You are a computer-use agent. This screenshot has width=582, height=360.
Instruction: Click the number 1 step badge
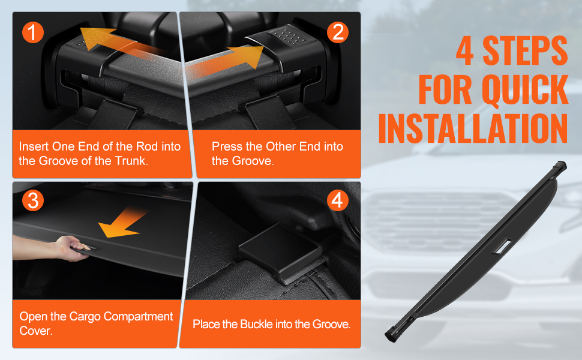click(32, 32)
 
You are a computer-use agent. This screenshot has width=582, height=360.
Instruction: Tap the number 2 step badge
click(337, 32)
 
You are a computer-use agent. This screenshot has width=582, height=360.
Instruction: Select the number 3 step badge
click(32, 200)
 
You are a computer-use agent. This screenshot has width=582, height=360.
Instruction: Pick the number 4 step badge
click(337, 200)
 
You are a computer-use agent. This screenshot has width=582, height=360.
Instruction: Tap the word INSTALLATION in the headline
click(473, 128)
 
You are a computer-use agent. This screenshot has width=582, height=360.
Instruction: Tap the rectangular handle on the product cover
click(502, 246)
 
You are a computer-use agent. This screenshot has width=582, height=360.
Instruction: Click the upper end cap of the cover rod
click(559, 166)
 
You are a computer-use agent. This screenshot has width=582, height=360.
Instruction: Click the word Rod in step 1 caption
click(147, 146)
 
